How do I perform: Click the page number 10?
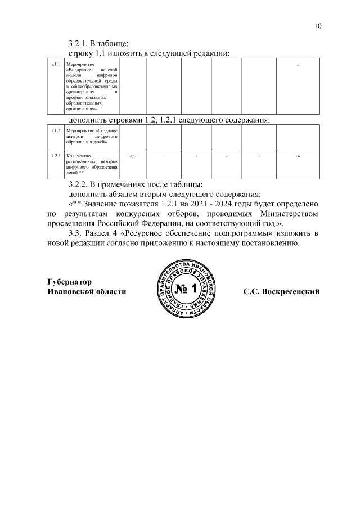[x=318, y=26]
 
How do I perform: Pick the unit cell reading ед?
[x=133, y=155]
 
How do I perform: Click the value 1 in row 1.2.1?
[x=164, y=155]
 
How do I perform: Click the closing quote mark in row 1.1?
[x=298, y=66]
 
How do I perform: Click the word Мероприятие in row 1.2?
[x=79, y=130]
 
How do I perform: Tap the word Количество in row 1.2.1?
[x=78, y=155]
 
